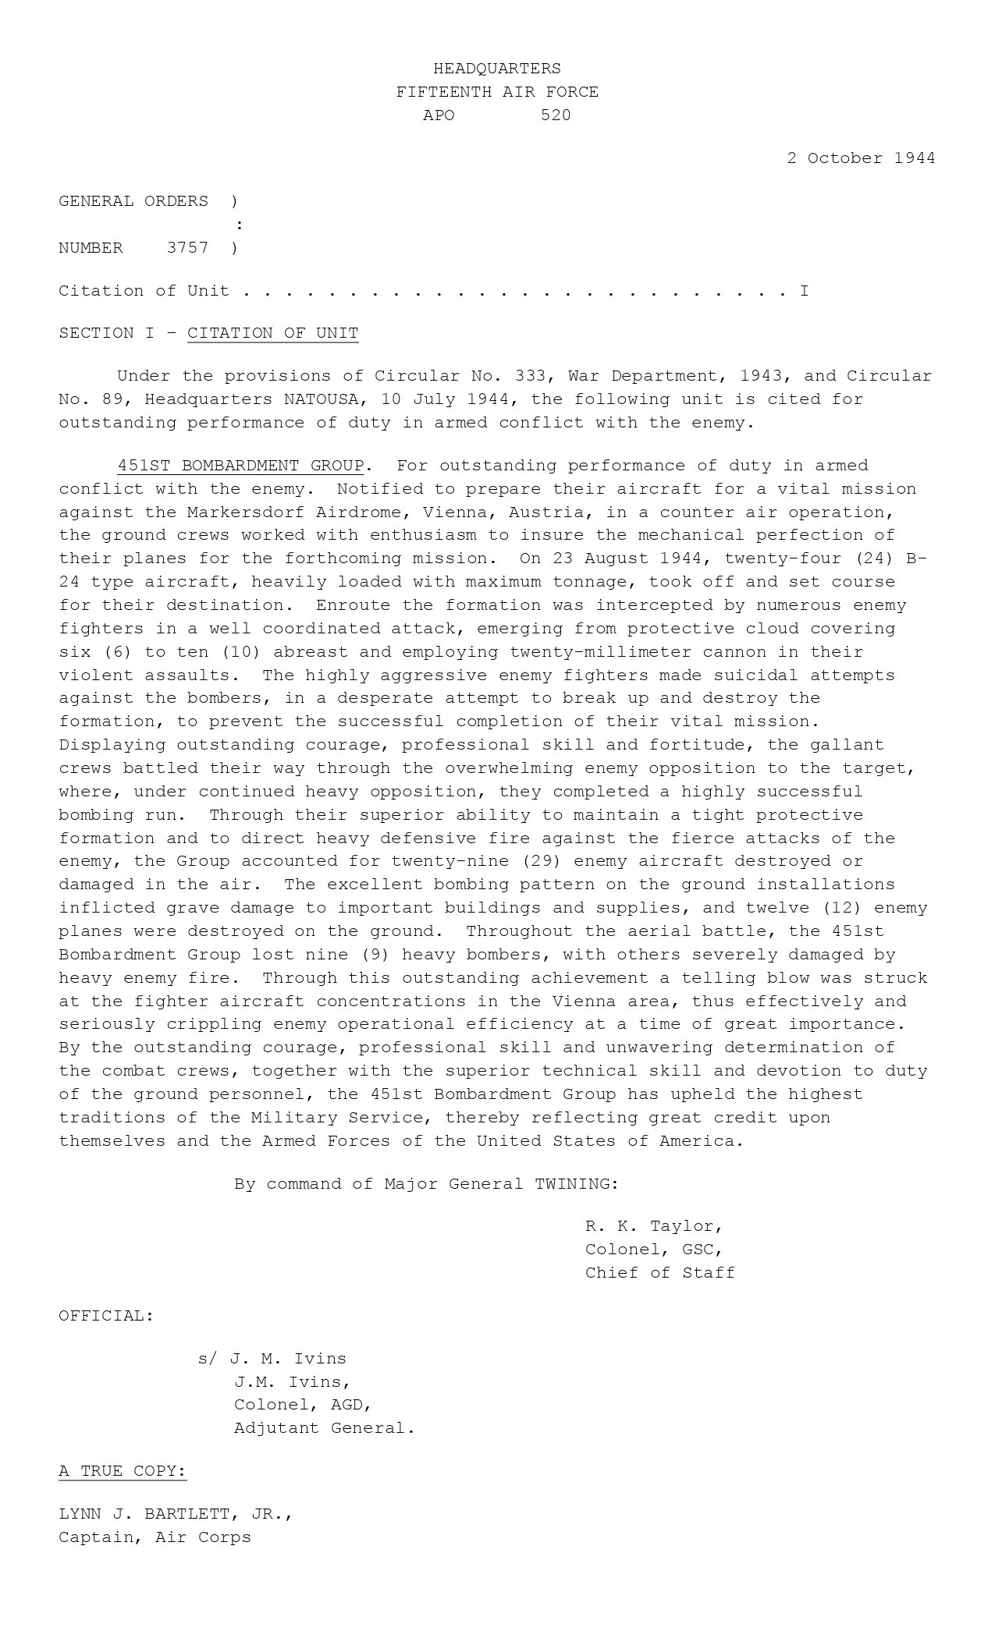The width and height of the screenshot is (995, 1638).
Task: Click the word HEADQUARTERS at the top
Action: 497,69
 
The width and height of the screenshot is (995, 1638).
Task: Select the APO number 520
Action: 556,115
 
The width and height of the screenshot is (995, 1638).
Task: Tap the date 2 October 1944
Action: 860,158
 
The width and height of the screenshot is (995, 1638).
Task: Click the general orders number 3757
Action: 187,248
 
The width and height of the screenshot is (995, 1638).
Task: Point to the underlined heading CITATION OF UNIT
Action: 272,333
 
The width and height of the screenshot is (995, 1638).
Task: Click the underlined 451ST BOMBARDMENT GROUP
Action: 240,466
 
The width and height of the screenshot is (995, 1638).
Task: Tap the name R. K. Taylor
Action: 653,1226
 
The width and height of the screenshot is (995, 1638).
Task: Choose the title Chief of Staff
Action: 659,1273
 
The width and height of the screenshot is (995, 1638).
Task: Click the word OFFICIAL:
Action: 106,1316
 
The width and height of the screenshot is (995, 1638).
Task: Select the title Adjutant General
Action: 324,1428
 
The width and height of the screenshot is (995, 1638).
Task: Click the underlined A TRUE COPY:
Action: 123,1471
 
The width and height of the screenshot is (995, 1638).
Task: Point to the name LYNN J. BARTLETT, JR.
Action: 175,1514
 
